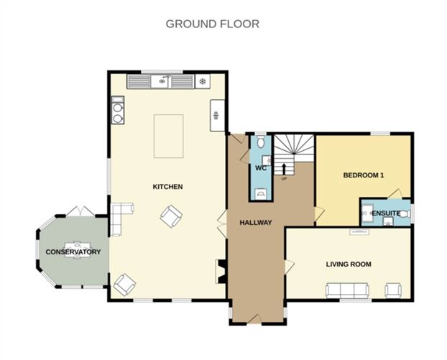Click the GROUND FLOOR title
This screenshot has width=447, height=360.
213,24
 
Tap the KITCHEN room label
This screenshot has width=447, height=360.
167,187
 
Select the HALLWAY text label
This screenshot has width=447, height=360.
255,222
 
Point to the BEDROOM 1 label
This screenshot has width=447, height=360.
363,175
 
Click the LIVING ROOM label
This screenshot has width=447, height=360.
349,264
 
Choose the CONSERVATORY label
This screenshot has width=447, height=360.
73,252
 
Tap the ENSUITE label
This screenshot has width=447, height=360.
386,213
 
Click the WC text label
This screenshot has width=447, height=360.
261,167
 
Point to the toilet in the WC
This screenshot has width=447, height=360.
261,142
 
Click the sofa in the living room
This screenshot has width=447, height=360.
348,290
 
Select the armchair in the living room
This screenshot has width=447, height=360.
393,290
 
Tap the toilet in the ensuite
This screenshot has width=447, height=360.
405,213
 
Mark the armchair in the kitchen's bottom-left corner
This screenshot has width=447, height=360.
124,285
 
